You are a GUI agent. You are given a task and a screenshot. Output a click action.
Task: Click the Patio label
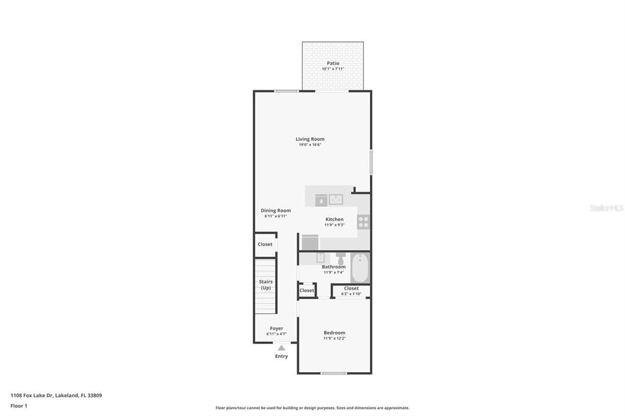[x=333, y=63]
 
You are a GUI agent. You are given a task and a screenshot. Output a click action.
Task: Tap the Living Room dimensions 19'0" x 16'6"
[x=310, y=145]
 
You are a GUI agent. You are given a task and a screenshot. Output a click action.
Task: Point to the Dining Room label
[x=276, y=210]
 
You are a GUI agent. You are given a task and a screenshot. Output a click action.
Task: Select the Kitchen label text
[x=334, y=219]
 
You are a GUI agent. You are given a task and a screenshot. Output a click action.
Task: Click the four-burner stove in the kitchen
[x=363, y=221]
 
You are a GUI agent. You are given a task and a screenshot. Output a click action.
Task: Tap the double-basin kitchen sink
[x=336, y=199]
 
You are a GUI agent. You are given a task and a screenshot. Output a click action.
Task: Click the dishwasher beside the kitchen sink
[x=321, y=199]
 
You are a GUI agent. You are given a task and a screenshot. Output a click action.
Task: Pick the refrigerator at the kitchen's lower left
[x=310, y=242]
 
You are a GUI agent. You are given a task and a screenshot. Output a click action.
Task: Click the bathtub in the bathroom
[x=360, y=267]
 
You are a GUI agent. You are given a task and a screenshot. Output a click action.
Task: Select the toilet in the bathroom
[x=341, y=258]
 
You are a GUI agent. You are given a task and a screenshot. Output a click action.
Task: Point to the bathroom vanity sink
[x=320, y=258]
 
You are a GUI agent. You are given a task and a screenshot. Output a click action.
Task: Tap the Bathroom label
[x=334, y=267]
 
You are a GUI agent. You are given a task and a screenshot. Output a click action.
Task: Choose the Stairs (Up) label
[x=266, y=284]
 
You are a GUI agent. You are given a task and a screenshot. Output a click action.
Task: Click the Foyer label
[x=276, y=328]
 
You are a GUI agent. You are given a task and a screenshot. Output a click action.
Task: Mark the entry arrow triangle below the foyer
[x=281, y=348]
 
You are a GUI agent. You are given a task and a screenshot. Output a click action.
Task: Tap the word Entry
[x=281, y=356]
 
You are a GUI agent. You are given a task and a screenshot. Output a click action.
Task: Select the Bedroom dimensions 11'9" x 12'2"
[x=334, y=339]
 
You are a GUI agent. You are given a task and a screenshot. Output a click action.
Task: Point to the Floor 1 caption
[x=19, y=406]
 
